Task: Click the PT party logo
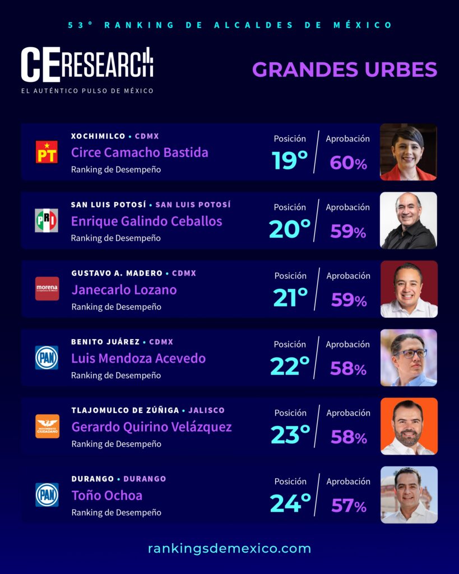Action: [x=47, y=152]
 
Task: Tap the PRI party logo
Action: [x=47, y=220]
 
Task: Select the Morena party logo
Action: [x=47, y=289]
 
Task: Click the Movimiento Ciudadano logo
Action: [x=47, y=426]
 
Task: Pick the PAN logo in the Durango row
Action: [x=47, y=495]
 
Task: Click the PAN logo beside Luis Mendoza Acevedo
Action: [x=47, y=358]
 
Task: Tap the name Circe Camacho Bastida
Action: [x=140, y=152]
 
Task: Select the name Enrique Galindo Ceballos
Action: [x=146, y=221]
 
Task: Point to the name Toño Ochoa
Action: [x=106, y=496]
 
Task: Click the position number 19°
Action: [x=290, y=161]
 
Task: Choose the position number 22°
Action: [x=290, y=367]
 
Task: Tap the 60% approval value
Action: [x=348, y=163]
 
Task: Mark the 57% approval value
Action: [x=349, y=506]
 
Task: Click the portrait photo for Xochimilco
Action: [x=408, y=152]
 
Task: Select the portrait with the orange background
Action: [x=409, y=426]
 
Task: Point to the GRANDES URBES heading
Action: [x=344, y=70]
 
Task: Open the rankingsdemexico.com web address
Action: [x=229, y=548]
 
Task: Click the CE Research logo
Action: [x=87, y=66]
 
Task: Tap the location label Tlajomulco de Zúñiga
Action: [x=124, y=410]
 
